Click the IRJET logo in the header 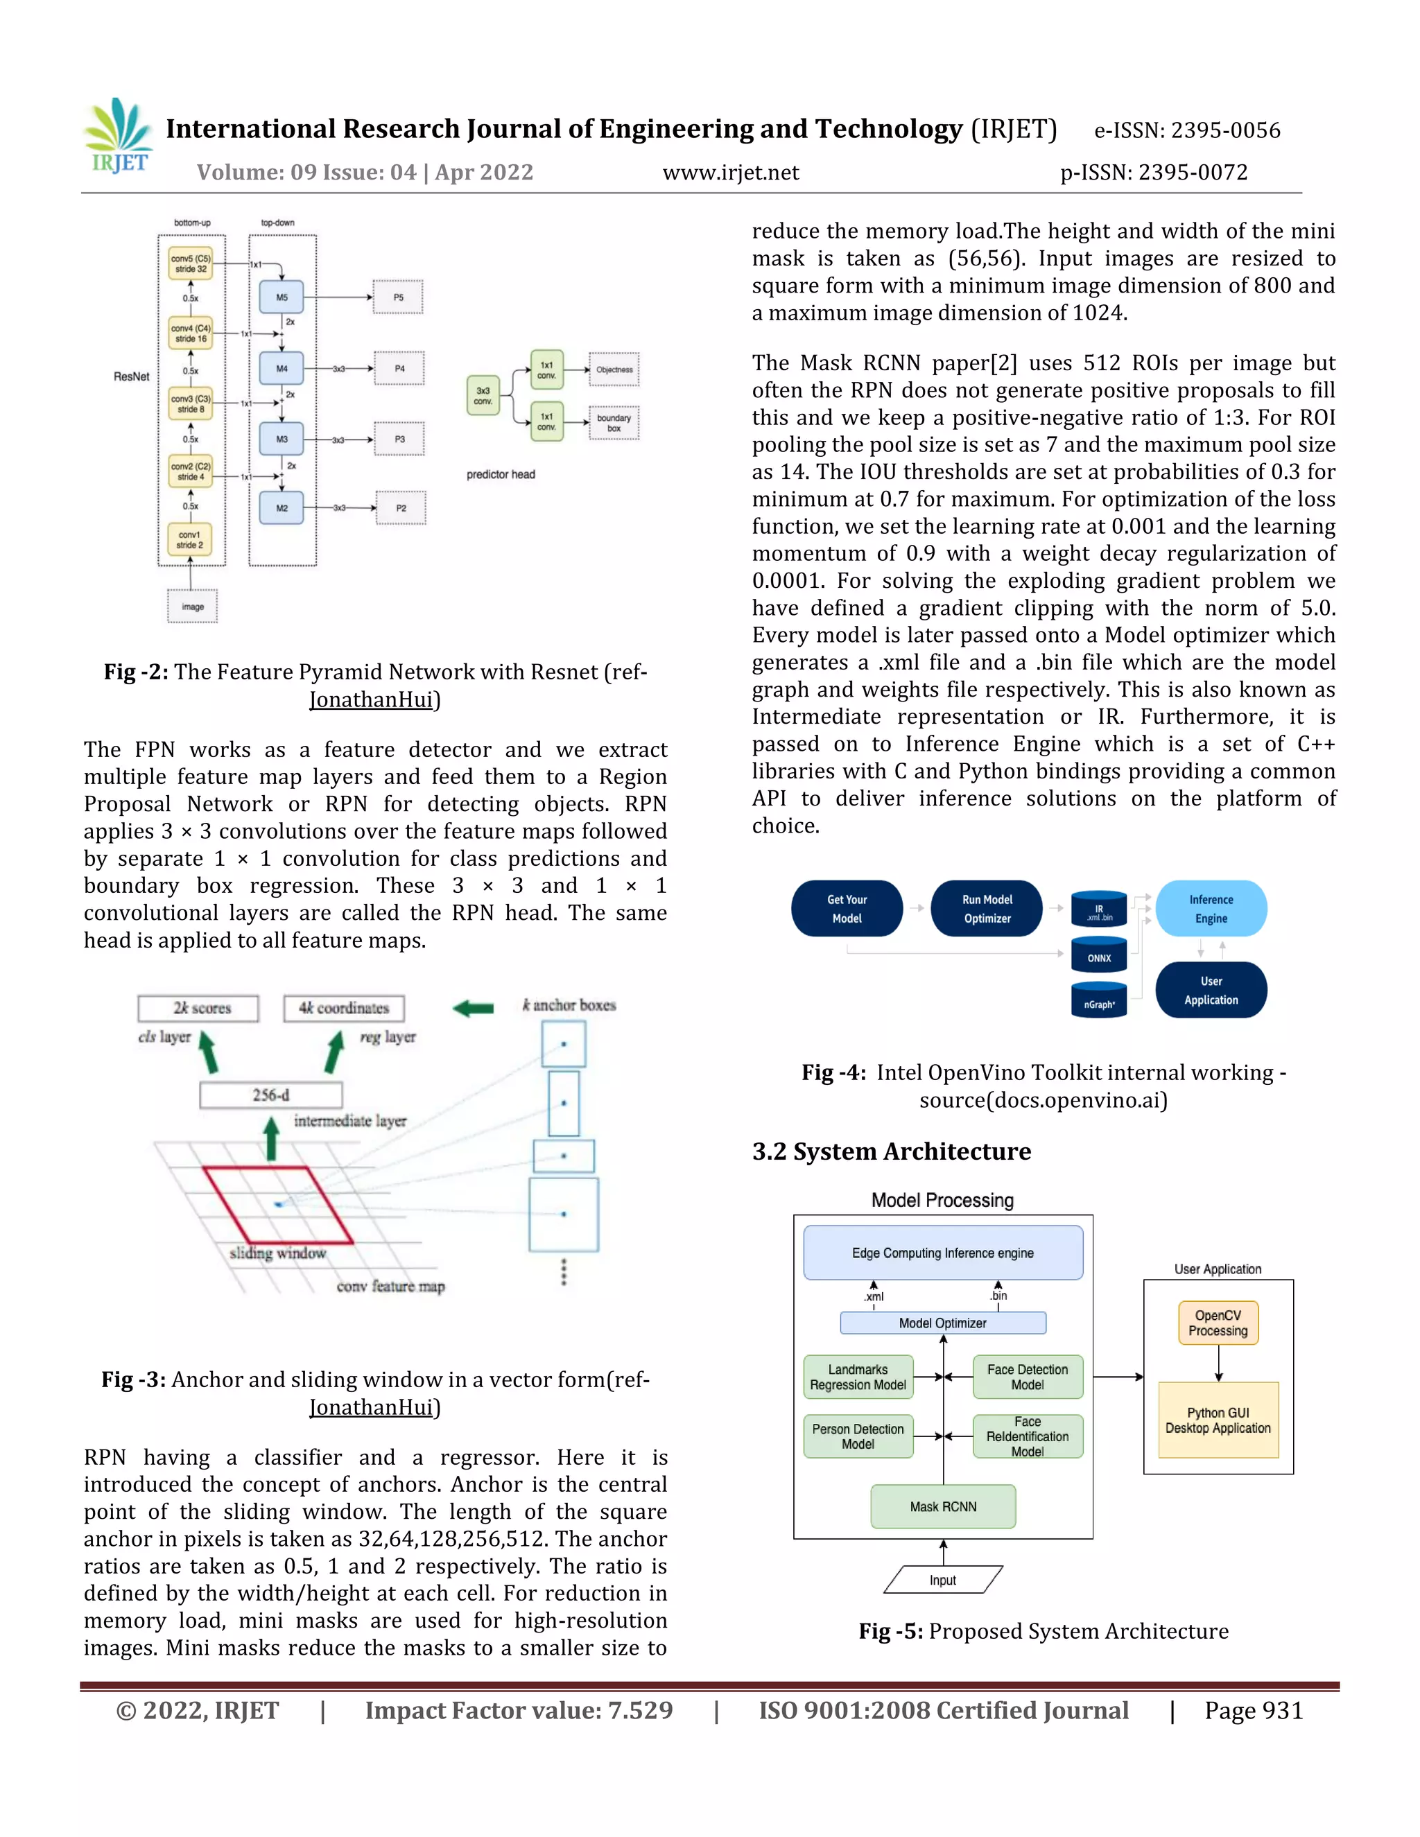click(x=119, y=137)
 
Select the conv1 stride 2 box click(x=190, y=540)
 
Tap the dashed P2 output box click(x=401, y=508)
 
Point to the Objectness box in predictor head click(x=614, y=369)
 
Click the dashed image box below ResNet click(x=193, y=607)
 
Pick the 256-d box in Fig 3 click(x=271, y=1095)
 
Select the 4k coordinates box click(x=344, y=1008)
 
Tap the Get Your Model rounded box click(x=847, y=908)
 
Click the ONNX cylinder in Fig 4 click(x=1099, y=957)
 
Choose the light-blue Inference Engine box click(x=1211, y=908)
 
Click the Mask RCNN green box click(x=943, y=1506)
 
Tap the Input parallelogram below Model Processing click(x=942, y=1580)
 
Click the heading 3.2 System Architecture click(x=891, y=1151)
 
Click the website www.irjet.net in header click(x=730, y=173)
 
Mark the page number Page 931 click(x=1253, y=1710)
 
